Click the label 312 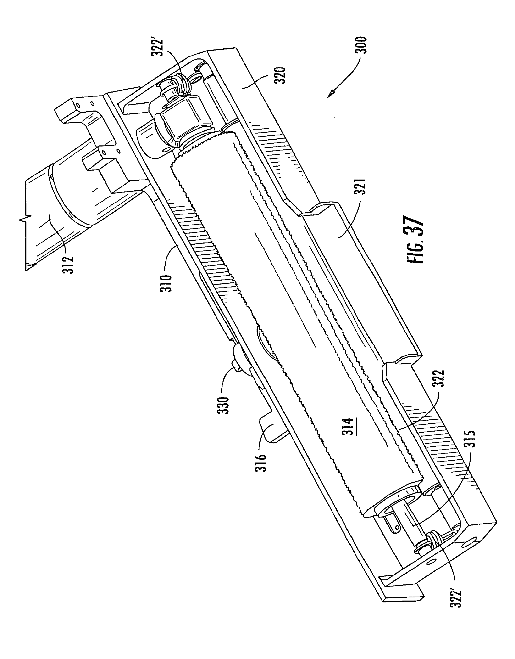coord(68,265)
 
